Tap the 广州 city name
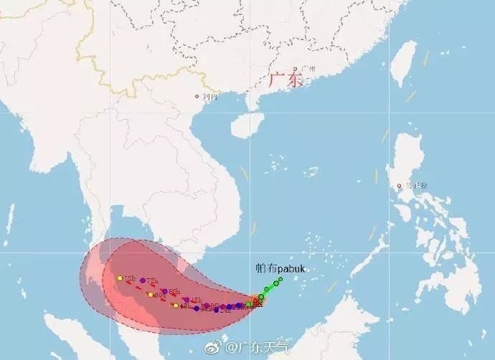[x=310, y=70]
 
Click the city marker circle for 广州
[x=295, y=70]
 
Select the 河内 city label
[x=209, y=96]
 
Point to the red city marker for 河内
[x=197, y=97]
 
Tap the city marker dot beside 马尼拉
[x=399, y=186]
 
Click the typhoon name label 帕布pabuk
[x=280, y=267]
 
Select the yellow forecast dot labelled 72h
[x=119, y=278]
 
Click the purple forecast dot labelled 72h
[x=143, y=280]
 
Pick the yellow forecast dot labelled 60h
[x=151, y=294]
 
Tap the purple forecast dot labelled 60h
[x=165, y=290]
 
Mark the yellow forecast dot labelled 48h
[x=175, y=306]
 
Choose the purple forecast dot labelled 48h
[x=187, y=300]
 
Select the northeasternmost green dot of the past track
[x=281, y=279]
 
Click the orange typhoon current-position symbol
[x=256, y=300]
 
